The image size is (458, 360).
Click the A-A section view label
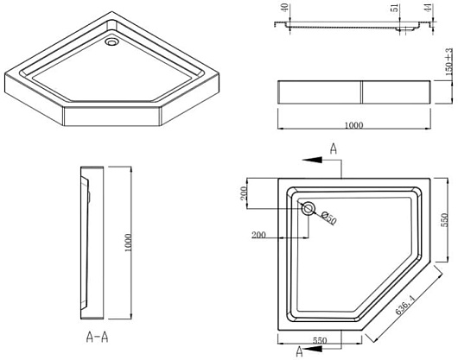[x=98, y=337]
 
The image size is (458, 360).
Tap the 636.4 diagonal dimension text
[x=405, y=305]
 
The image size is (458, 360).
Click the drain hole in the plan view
[x=308, y=209]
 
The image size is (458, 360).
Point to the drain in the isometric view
[x=111, y=42]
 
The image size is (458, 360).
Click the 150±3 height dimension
[x=449, y=61]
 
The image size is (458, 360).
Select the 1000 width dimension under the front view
[x=354, y=125]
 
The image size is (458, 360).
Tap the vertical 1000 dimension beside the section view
[x=129, y=243]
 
